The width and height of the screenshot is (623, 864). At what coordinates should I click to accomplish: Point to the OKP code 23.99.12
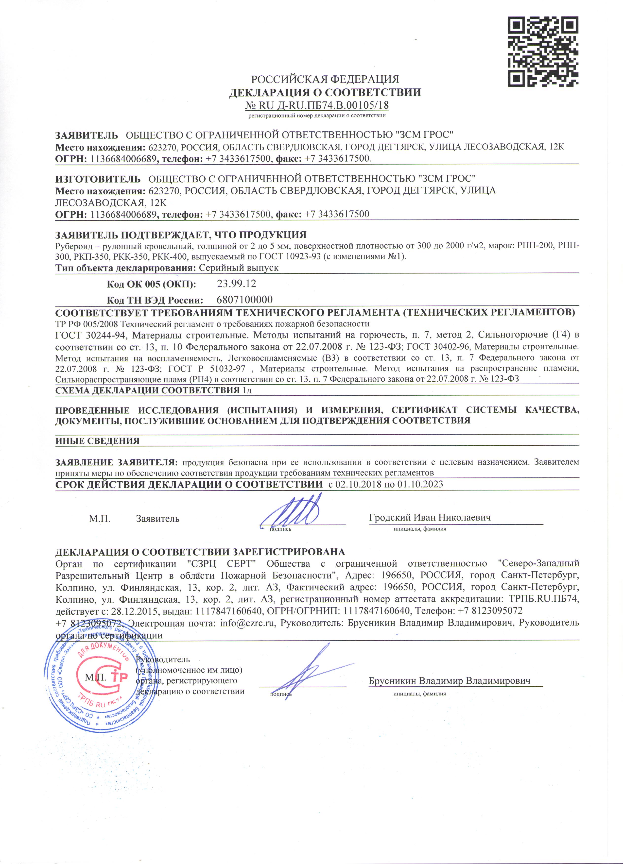pos(236,283)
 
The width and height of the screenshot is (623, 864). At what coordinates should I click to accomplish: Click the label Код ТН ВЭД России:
pos(154,300)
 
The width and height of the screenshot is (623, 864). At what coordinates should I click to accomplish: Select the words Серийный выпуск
pos(239,268)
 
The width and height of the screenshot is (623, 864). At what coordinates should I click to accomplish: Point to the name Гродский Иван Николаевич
pos(430,517)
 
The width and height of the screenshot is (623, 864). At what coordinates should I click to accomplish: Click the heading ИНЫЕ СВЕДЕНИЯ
pos(98,441)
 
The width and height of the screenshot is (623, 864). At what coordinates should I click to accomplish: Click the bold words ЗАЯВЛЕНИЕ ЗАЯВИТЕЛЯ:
pos(117,462)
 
